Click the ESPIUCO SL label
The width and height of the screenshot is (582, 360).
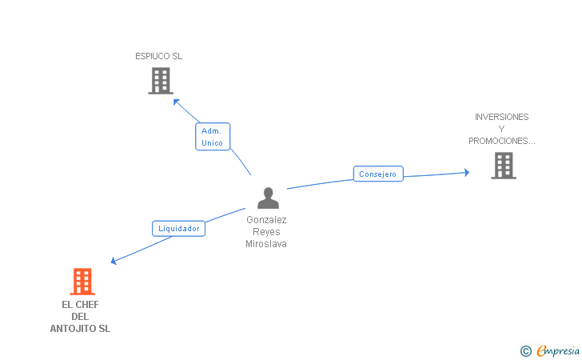(158, 57)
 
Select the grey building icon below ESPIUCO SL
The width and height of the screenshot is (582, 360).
(161, 81)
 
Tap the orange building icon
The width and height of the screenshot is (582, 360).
(82, 282)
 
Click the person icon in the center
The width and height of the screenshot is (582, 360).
(268, 198)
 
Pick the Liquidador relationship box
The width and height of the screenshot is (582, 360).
(179, 229)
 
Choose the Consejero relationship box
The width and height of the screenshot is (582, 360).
(378, 174)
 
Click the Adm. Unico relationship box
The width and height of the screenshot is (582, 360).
(213, 137)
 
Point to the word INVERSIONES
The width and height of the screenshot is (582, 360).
(501, 117)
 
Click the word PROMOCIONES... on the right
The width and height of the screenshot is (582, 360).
(501, 141)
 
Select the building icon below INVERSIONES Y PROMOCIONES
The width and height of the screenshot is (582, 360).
(503, 166)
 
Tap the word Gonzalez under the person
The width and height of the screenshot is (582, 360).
(266, 220)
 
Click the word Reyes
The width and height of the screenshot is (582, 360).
(266, 232)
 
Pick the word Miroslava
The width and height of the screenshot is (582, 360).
(266, 244)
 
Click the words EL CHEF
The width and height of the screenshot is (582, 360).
(80, 305)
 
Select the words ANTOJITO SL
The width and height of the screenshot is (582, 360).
(80, 329)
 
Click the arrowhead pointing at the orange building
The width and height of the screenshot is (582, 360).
(114, 261)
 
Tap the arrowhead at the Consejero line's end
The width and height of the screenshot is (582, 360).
(466, 172)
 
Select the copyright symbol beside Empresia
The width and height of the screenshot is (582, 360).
(525, 350)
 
